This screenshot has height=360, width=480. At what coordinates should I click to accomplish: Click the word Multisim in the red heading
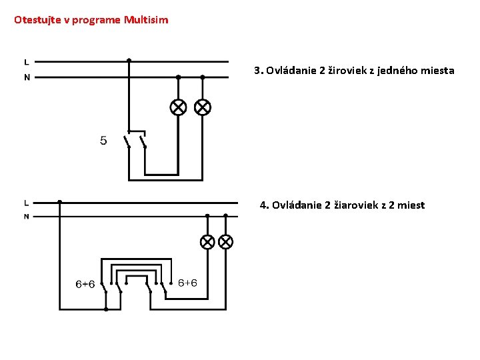146,20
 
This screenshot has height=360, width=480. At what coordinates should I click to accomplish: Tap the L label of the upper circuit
27,61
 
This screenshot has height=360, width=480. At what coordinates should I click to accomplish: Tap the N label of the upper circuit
27,77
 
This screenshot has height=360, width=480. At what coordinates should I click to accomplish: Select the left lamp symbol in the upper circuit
178,107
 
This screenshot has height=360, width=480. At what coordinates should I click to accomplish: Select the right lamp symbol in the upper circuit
202,107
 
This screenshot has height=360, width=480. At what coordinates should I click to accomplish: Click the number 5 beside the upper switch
103,141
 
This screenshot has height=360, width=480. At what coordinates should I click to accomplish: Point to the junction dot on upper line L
129,60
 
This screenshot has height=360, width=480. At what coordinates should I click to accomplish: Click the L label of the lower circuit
26,202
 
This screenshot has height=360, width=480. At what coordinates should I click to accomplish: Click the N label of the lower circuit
26,217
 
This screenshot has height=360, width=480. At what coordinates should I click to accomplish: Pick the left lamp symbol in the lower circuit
207,241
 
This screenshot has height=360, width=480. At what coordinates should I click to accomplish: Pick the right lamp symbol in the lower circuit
225,241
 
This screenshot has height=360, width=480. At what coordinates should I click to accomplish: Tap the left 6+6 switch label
85,284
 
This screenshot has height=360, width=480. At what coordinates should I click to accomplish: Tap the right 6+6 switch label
187,283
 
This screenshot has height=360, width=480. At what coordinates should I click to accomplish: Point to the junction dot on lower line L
59,201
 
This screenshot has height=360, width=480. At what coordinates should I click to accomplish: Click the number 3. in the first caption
259,70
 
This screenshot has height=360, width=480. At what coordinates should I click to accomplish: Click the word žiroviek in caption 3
349,70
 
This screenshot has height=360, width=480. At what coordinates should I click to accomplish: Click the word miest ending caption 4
411,205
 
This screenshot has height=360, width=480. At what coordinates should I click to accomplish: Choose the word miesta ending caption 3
439,70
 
